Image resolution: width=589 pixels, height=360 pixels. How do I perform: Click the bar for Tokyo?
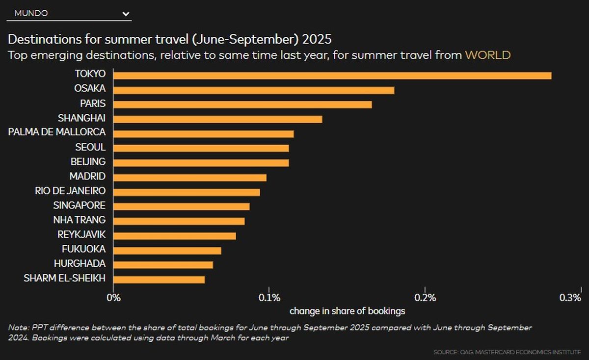tap(332, 76)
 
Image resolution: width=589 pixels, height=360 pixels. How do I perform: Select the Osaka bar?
tap(254, 90)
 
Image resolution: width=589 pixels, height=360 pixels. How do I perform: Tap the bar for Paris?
tap(242, 104)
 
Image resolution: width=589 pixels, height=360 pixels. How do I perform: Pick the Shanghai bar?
tap(218, 119)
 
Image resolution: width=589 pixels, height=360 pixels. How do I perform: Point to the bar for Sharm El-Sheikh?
tap(159, 280)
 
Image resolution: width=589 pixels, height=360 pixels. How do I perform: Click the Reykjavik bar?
tap(175, 236)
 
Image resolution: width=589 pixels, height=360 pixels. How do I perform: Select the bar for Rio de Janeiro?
tap(187, 192)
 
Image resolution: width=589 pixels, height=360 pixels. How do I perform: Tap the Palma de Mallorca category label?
tap(57, 132)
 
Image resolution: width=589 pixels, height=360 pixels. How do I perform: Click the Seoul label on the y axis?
tap(90, 147)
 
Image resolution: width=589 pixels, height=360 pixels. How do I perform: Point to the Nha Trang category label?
tap(79, 220)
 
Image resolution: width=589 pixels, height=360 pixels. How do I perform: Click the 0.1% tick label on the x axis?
tap(269, 298)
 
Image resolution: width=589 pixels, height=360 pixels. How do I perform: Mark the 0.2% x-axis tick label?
tap(425, 298)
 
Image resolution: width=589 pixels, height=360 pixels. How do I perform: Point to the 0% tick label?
tap(113, 298)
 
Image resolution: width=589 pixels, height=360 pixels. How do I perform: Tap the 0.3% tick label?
tap(571, 298)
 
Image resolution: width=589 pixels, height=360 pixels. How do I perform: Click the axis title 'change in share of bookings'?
tap(347, 311)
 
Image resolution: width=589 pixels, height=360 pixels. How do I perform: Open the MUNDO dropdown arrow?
tap(126, 14)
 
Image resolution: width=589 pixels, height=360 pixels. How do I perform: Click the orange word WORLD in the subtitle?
tap(488, 55)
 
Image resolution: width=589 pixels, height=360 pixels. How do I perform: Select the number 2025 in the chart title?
tap(318, 39)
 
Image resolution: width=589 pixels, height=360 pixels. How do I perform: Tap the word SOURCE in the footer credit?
tap(444, 352)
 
